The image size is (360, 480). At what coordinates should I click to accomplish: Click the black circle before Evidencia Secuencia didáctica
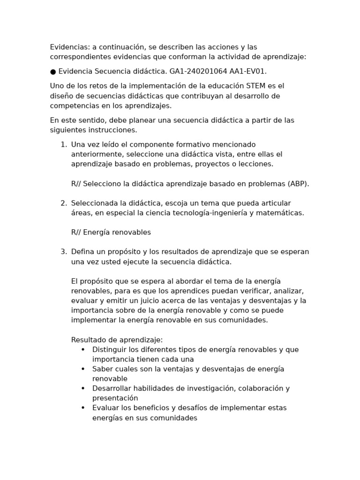point(53,71)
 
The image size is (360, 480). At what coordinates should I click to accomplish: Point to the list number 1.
point(63,144)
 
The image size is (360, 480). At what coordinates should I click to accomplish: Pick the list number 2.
point(63,203)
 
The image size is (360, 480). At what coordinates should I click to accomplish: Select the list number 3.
point(63,252)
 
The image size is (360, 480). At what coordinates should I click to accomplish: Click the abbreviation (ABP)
point(297,184)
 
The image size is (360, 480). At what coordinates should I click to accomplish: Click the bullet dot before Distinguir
point(83,350)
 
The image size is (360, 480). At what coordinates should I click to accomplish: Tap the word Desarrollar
point(113,389)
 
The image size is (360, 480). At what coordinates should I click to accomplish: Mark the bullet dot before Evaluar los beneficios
point(83,408)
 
